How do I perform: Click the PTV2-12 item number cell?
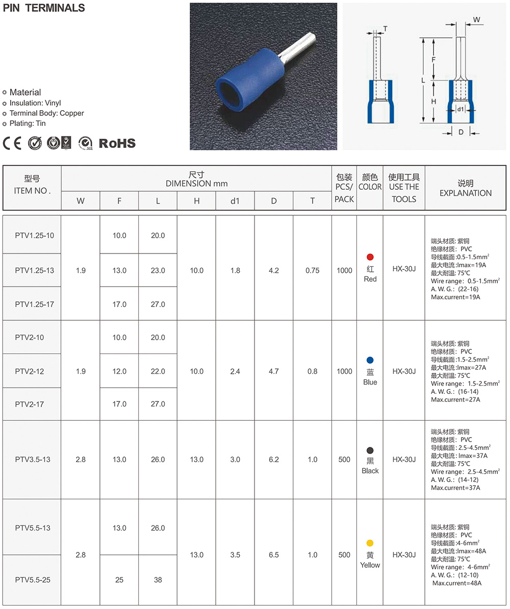(30, 371)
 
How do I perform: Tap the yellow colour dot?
(370, 543)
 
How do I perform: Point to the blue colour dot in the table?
(370, 360)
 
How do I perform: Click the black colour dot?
(370, 450)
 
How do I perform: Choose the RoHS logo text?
(117, 143)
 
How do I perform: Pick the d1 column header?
(235, 201)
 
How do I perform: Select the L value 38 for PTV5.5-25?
(158, 579)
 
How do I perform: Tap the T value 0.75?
(312, 270)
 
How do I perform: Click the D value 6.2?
(274, 460)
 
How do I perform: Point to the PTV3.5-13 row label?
(33, 460)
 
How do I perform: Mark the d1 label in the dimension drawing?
(460, 109)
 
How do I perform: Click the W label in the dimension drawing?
(476, 19)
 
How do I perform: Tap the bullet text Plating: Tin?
(28, 123)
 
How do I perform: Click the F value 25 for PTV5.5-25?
(119, 579)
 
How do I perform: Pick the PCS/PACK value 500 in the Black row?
(344, 460)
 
